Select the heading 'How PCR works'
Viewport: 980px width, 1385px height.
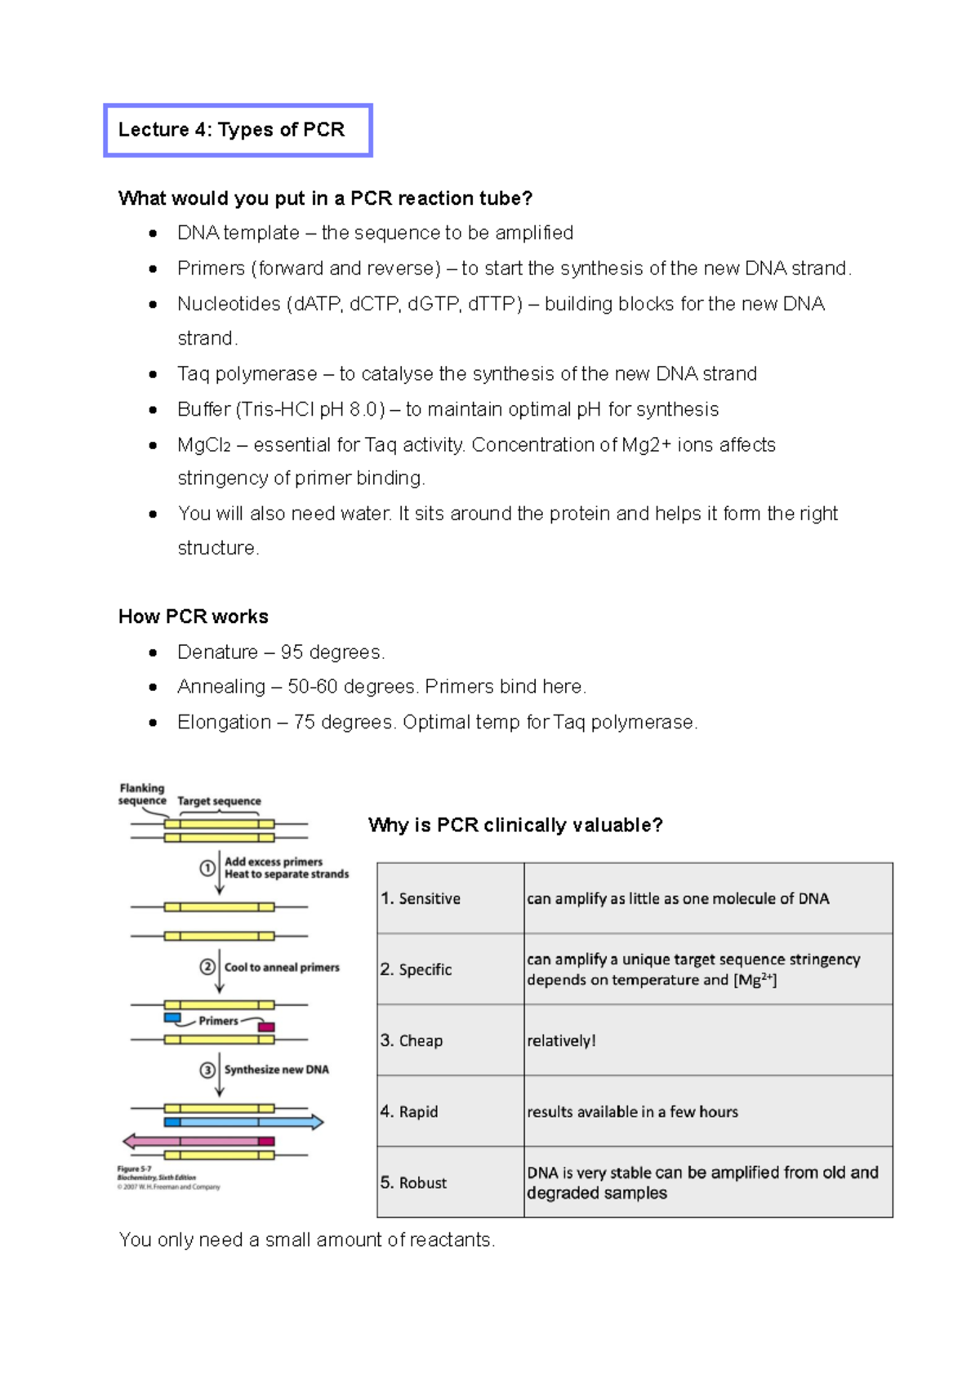click(194, 617)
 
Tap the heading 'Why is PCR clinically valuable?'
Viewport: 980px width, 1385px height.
click(515, 825)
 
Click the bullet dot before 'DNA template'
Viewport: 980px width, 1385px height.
click(153, 234)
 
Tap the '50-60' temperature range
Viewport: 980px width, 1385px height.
click(312, 687)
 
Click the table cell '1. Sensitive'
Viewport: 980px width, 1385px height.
click(450, 898)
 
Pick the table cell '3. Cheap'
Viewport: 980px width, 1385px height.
click(450, 1040)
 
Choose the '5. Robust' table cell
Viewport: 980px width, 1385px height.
click(450, 1182)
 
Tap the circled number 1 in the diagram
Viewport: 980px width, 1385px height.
click(207, 868)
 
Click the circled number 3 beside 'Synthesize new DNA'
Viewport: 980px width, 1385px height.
click(207, 1070)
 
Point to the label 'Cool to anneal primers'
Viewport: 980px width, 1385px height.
click(282, 968)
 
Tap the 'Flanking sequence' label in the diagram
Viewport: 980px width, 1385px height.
click(142, 795)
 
